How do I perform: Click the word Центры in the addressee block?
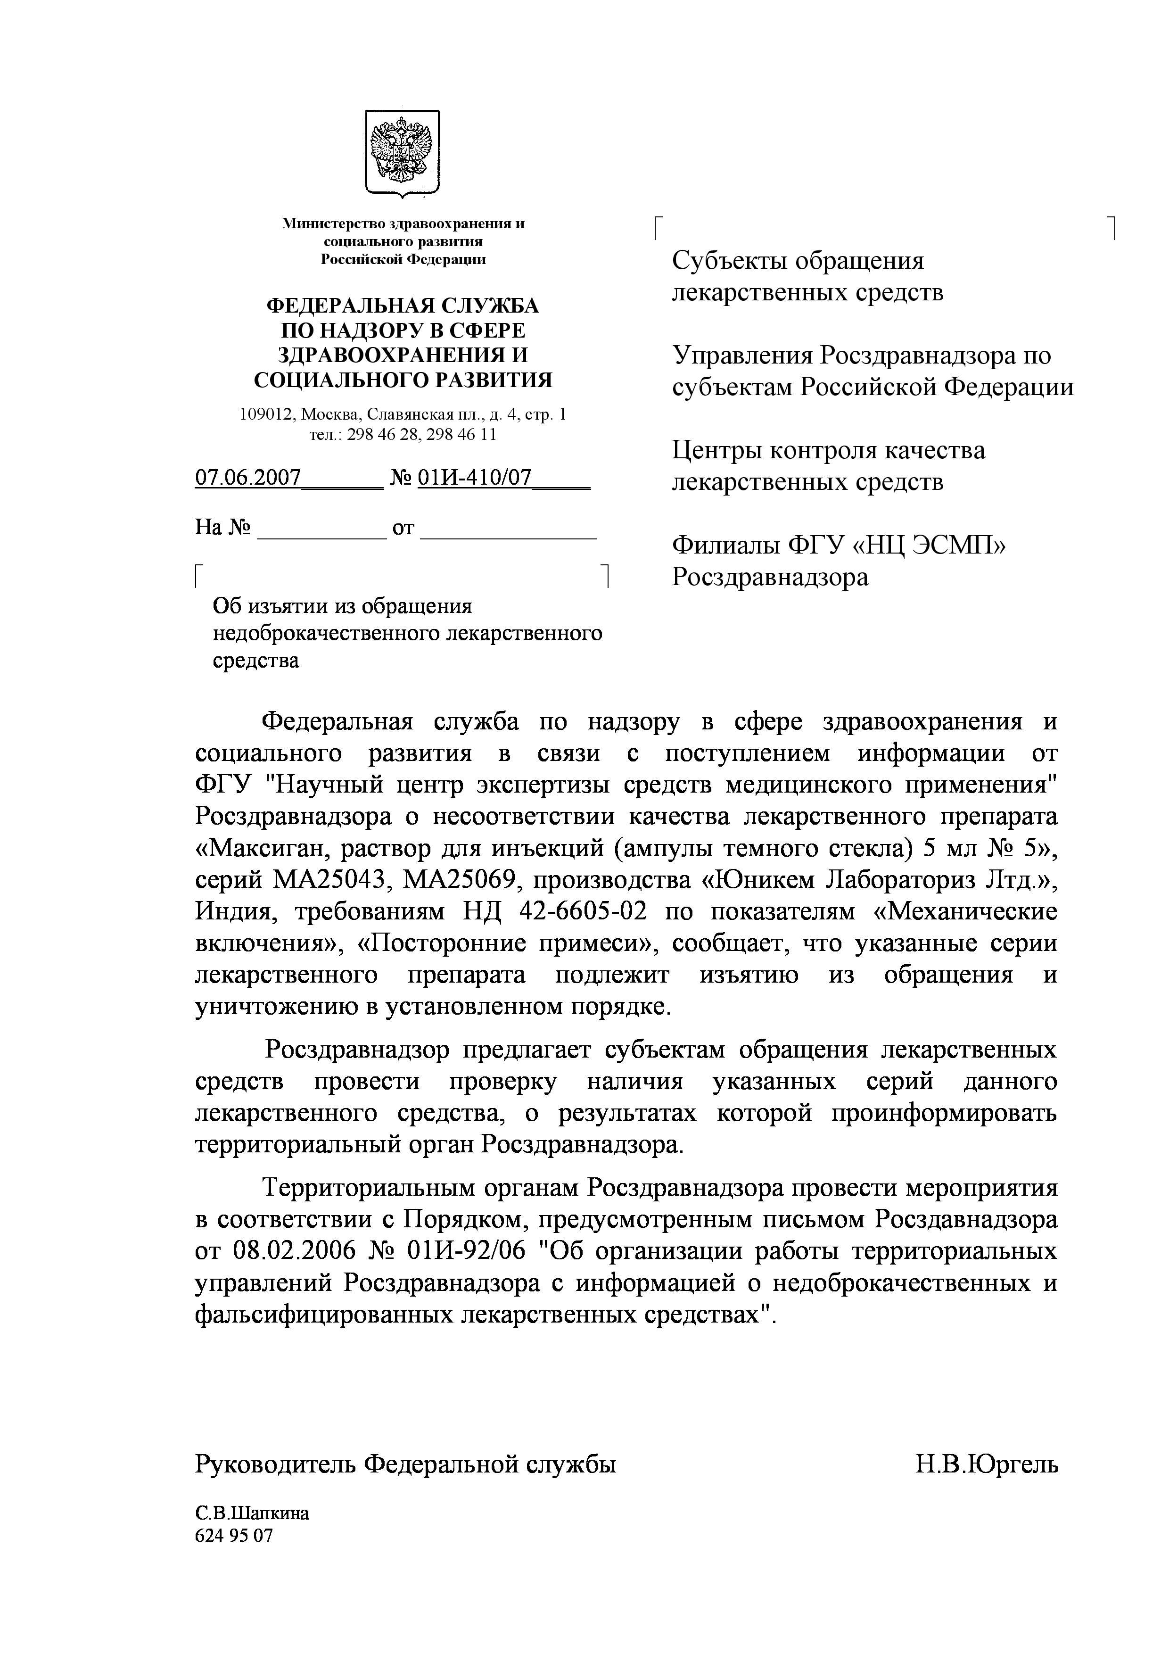[x=716, y=451]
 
